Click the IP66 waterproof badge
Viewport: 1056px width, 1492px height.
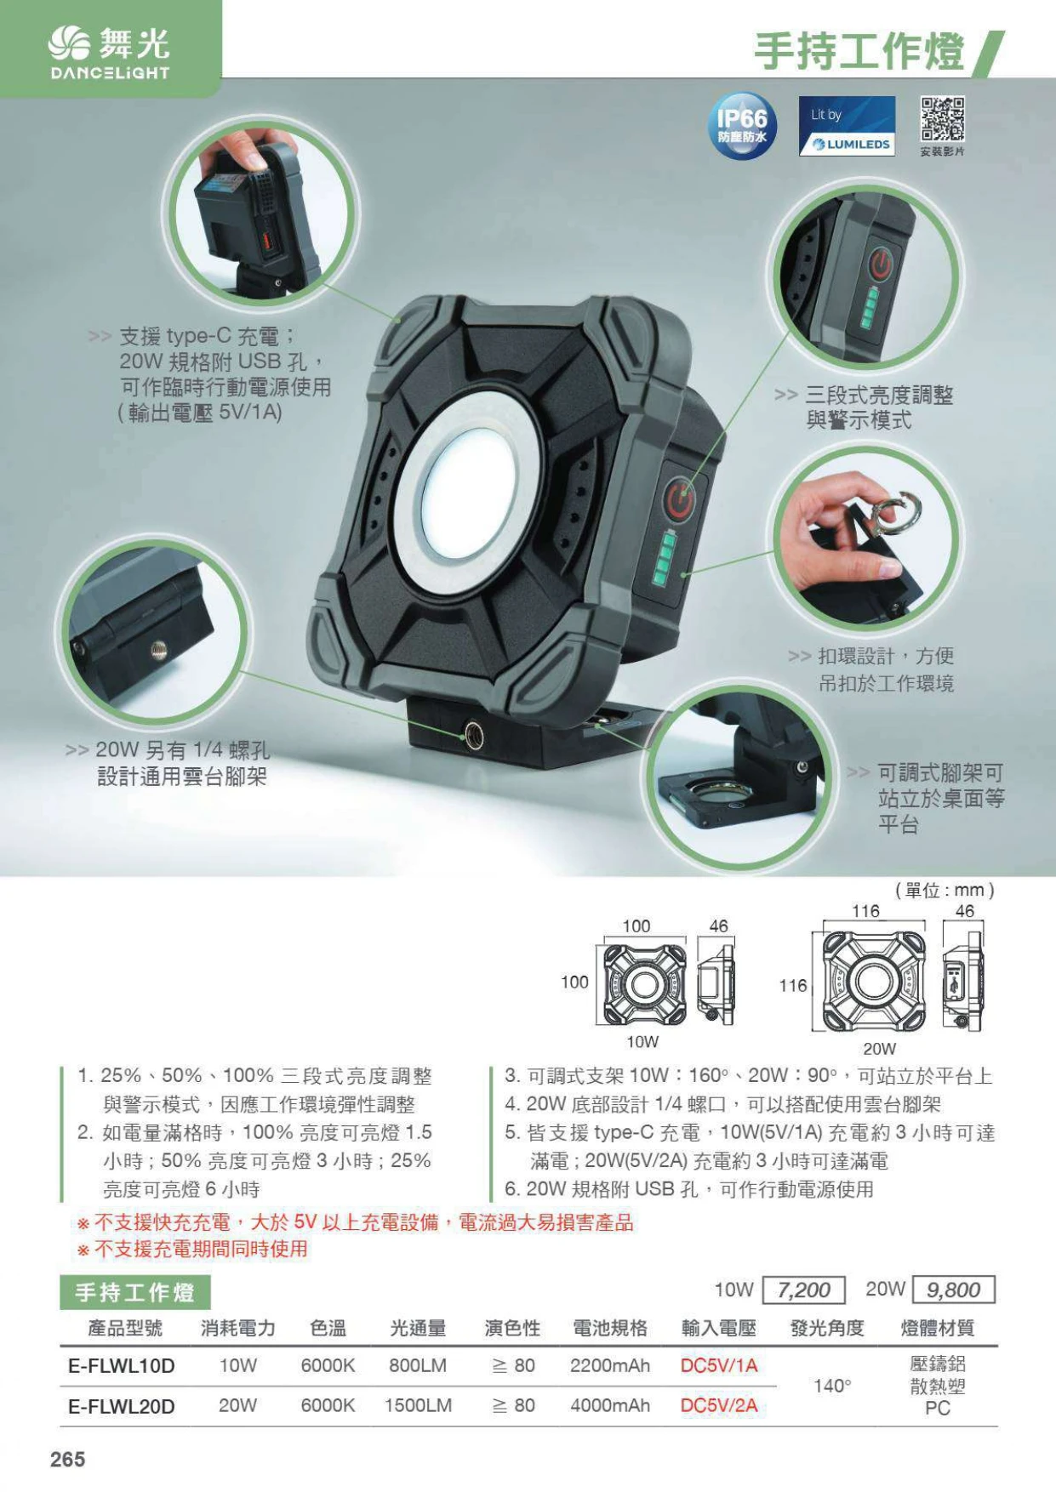click(x=742, y=126)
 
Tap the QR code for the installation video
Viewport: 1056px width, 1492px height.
click(x=942, y=119)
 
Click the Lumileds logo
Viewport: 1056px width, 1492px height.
click(x=847, y=126)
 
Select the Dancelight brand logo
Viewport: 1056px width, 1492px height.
click(x=110, y=52)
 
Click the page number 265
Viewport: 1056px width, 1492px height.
click(x=68, y=1459)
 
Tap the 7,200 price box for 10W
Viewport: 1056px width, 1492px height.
click(x=804, y=1290)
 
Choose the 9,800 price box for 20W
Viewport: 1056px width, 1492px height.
click(x=953, y=1290)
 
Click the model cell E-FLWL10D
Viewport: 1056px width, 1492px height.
click(x=122, y=1366)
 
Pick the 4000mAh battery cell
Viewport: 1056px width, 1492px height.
click(x=610, y=1406)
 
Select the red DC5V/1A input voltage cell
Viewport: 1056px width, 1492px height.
click(x=719, y=1366)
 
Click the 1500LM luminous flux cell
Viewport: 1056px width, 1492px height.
click(x=418, y=1406)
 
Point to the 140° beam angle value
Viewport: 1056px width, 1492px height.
click(x=832, y=1386)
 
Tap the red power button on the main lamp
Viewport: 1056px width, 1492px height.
click(x=680, y=499)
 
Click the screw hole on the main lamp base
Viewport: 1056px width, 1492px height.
click(x=474, y=733)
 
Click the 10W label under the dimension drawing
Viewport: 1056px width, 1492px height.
click(x=642, y=1041)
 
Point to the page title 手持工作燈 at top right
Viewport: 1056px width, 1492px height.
click(x=859, y=52)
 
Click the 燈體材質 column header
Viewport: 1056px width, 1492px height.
click(x=938, y=1328)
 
